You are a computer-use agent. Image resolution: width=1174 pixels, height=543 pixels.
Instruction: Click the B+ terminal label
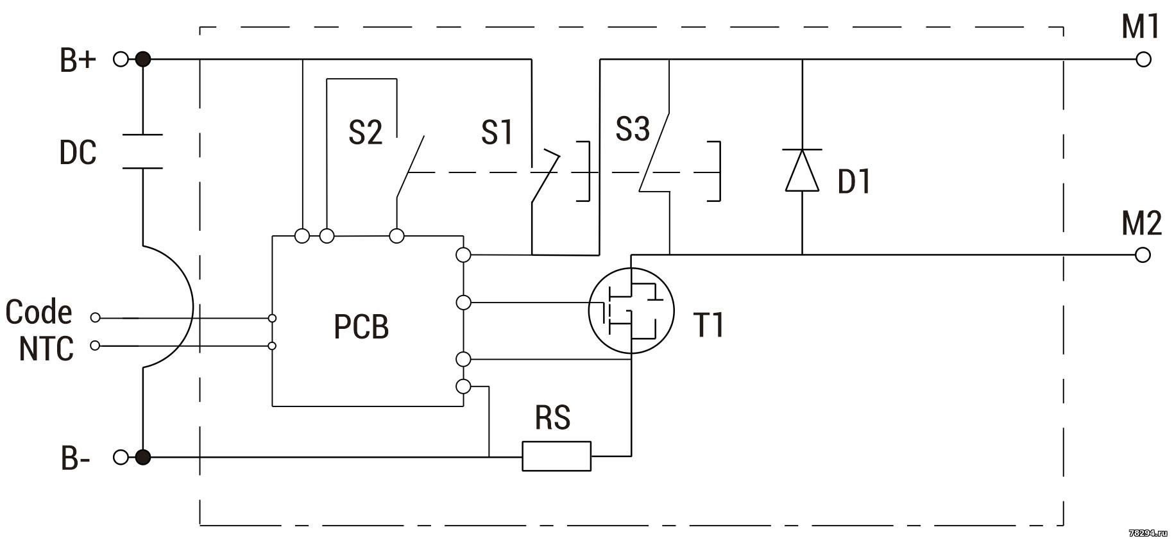click(78, 61)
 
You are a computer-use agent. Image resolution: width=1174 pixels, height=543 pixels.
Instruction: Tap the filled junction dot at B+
click(143, 60)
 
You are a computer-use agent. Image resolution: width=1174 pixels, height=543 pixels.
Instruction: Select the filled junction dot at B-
click(143, 457)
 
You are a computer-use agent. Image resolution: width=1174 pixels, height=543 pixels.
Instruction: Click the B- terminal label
click(75, 459)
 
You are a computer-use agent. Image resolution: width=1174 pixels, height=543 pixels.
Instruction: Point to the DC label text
click(78, 153)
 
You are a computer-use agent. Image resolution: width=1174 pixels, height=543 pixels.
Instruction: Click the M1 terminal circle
click(1143, 60)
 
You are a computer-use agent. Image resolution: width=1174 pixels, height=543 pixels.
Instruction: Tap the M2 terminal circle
click(1143, 255)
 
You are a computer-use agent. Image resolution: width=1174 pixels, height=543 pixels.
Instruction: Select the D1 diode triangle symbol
click(803, 170)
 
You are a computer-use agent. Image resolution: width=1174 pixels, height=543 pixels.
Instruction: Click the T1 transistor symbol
click(632, 310)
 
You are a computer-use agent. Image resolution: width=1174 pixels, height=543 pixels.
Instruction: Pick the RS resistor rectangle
click(556, 456)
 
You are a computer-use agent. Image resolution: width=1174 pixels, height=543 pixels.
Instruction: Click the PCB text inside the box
click(361, 326)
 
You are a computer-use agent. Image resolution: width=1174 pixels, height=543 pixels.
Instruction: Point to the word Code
click(38, 312)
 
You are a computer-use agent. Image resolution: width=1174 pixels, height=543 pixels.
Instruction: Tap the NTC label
click(46, 349)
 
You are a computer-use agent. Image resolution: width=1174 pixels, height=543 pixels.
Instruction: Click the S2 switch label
click(365, 132)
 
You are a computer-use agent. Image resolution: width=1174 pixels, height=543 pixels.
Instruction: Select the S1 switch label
click(497, 132)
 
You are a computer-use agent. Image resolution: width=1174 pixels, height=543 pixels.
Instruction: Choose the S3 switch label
click(633, 128)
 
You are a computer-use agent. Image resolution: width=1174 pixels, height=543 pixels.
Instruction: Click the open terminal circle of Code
click(96, 317)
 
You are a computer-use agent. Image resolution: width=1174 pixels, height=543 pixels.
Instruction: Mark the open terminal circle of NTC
click(96, 346)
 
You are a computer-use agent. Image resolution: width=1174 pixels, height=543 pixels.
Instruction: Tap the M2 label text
click(1141, 224)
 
